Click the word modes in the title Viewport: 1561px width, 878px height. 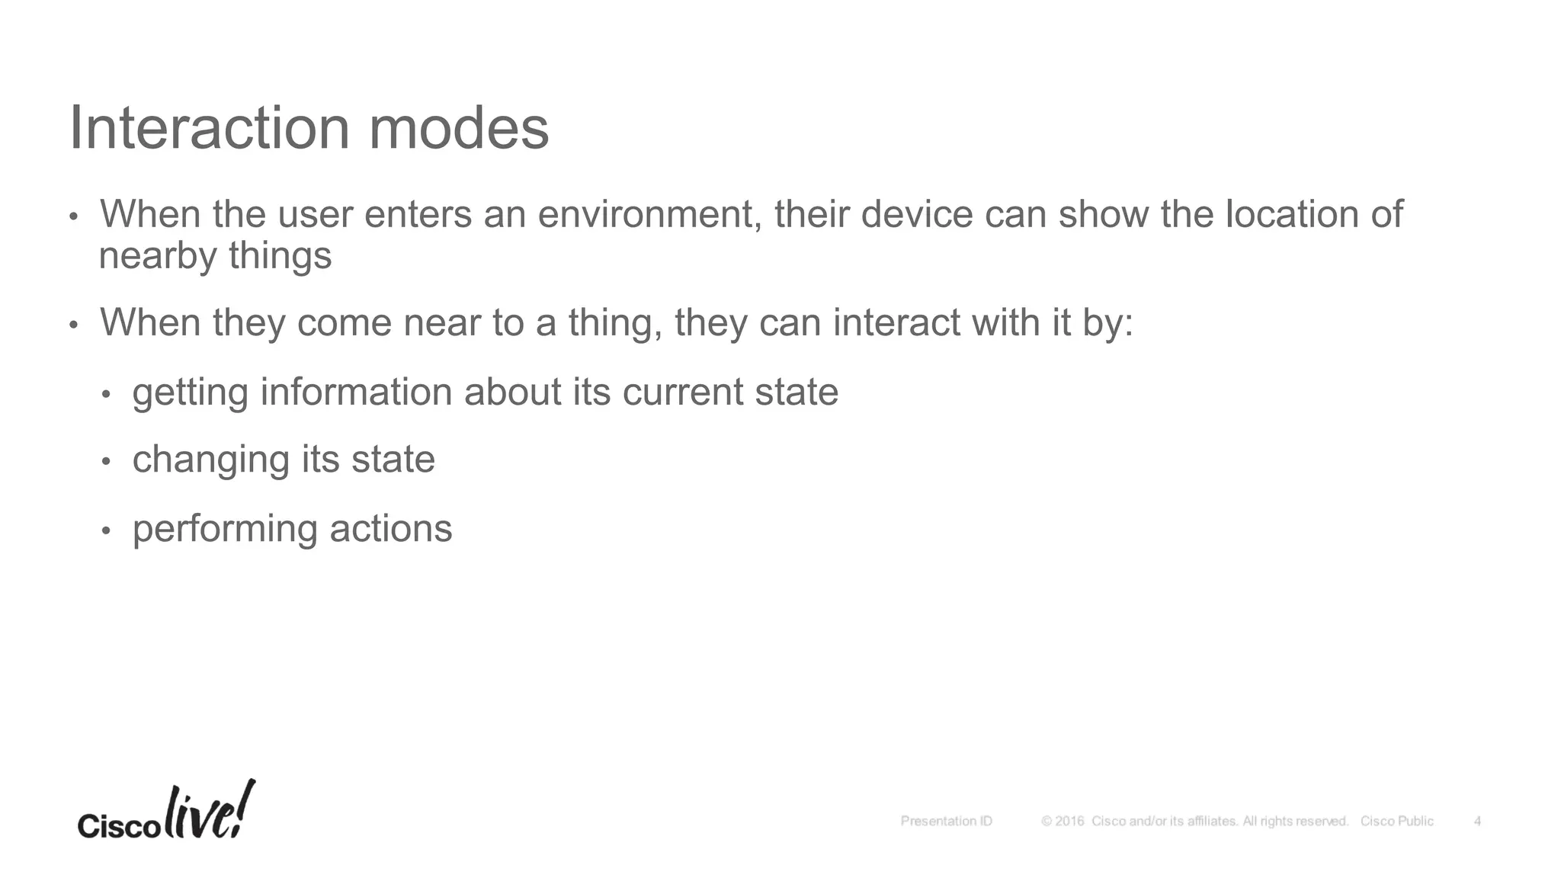[459, 128]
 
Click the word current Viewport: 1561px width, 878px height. [683, 393]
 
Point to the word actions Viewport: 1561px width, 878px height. [391, 529]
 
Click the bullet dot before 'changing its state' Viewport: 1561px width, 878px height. [106, 461]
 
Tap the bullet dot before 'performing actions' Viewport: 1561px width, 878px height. [106, 530]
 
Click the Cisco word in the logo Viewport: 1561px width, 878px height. [118, 826]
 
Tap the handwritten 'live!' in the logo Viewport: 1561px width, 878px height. [209, 811]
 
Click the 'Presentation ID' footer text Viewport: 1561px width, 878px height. [946, 822]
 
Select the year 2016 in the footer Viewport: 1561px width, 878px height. [1069, 822]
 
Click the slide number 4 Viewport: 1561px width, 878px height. [1477, 822]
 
